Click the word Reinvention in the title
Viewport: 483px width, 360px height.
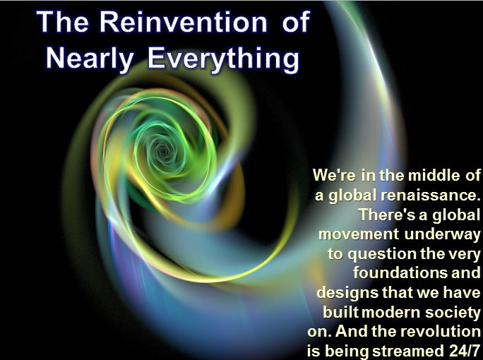(184, 22)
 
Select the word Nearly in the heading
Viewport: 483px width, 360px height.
(90, 59)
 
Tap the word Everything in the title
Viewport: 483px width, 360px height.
(223, 59)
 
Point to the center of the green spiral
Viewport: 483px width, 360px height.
(162, 150)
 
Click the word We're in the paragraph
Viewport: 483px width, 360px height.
(334, 175)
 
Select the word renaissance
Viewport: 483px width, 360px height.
(430, 195)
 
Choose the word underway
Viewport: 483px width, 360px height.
(442, 234)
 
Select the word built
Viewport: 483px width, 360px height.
(340, 312)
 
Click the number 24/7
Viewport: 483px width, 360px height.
(463, 351)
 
